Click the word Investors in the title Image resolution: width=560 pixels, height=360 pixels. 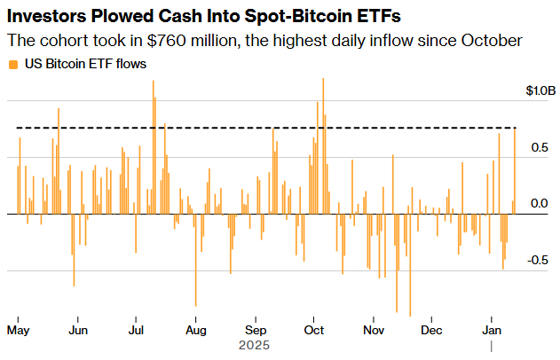(48, 16)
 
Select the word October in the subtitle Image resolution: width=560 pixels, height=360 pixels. (491, 41)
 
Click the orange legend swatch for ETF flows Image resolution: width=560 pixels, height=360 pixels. (12, 64)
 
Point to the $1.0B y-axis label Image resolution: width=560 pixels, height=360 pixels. (540, 91)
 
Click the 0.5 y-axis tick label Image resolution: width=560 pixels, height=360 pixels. (539, 147)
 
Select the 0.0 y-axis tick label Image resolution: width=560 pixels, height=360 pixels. (539, 204)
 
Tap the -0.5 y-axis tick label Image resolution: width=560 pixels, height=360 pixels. (537, 261)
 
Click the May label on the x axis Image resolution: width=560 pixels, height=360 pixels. (19, 330)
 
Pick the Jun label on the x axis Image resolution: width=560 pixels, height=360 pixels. (77, 330)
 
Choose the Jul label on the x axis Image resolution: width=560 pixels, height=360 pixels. (137, 330)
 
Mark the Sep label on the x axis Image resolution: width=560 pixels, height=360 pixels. (256, 330)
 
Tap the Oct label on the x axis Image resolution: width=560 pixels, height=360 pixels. (313, 330)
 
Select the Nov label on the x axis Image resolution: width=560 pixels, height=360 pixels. (373, 330)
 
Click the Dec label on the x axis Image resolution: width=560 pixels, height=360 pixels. (431, 330)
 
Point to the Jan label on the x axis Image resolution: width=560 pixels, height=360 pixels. (492, 330)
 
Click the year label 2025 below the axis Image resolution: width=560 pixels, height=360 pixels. (255, 345)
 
